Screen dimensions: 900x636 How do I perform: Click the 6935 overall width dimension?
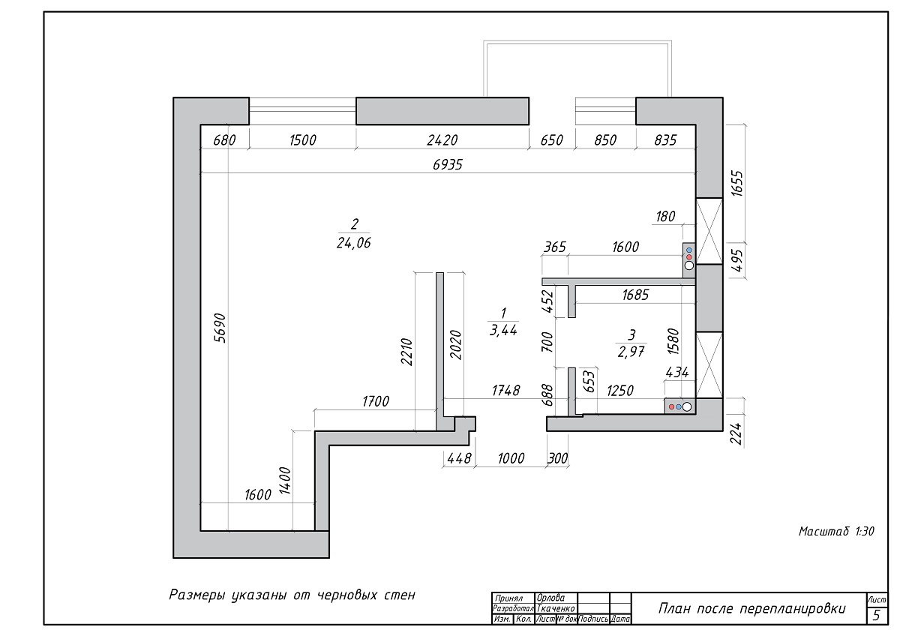448,164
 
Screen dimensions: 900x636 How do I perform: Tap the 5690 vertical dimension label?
220,328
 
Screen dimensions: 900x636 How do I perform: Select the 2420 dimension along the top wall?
442,139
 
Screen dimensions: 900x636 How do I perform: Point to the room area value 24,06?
353,243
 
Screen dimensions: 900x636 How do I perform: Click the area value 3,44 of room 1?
503,330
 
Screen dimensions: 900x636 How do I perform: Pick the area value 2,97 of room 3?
631,352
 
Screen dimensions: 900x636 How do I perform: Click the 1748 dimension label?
505,390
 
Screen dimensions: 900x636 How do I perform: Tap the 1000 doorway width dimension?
511,458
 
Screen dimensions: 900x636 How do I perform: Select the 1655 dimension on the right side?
737,183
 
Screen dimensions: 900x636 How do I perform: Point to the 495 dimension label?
737,261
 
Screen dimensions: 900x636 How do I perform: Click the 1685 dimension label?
635,295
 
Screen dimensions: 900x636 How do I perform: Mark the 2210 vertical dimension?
406,352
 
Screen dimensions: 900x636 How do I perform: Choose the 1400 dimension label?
284,480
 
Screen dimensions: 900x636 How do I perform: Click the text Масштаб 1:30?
836,532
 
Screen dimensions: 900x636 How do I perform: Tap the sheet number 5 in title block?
877,615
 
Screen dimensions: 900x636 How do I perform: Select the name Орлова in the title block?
550,598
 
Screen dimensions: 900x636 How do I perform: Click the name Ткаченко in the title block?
556,608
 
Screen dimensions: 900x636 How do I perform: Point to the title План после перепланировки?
751,609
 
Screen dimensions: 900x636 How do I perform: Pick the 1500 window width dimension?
303,139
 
